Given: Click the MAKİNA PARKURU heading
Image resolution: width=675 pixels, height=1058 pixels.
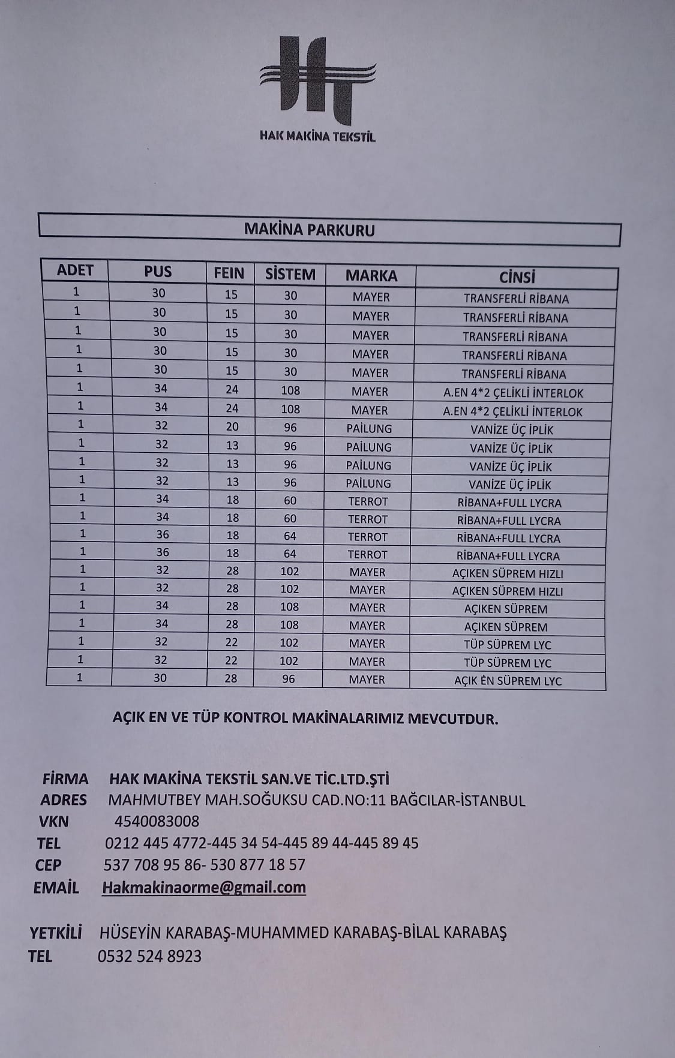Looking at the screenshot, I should point(310,230).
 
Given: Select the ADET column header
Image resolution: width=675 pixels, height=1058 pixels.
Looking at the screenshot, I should point(75,270).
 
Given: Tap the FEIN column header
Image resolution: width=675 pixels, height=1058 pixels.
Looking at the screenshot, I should point(229,273).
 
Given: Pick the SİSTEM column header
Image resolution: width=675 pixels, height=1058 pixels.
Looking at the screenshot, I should point(290,275).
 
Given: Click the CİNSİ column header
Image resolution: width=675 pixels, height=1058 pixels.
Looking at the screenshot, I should point(517,277).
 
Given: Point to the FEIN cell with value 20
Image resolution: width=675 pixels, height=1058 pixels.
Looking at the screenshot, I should point(232,427).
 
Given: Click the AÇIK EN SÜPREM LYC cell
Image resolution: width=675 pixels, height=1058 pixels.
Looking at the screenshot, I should point(508,681).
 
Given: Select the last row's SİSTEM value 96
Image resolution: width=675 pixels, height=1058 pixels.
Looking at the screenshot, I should point(289,679).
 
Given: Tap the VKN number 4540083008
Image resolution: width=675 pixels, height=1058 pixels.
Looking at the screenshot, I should point(157,821).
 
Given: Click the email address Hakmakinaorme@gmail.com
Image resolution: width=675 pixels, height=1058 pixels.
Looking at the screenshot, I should point(204,888).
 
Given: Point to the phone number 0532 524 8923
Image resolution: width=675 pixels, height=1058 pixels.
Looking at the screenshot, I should point(149,956).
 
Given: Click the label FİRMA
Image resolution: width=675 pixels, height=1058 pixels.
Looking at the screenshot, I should point(65,779).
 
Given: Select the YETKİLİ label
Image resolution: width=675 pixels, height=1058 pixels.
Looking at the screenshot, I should point(56,933).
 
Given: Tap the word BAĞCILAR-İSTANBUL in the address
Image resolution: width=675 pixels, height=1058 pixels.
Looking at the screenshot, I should point(458,801).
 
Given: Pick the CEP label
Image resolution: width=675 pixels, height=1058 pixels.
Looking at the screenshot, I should point(48,865).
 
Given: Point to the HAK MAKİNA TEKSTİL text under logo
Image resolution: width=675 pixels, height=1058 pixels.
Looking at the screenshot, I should point(317,136).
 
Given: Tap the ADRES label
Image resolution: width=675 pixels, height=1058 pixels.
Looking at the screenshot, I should point(64,800).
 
